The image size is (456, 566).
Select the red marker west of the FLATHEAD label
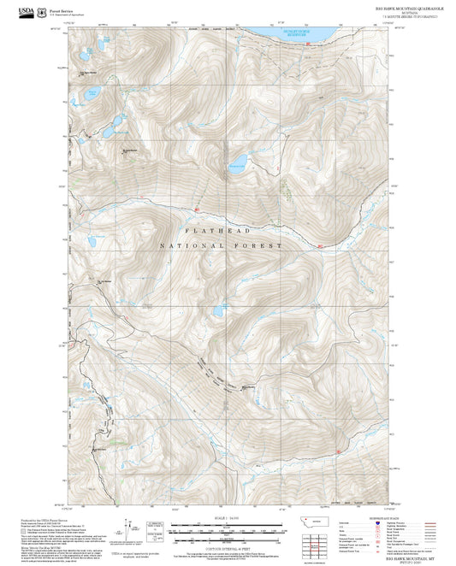coord(197,207)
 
